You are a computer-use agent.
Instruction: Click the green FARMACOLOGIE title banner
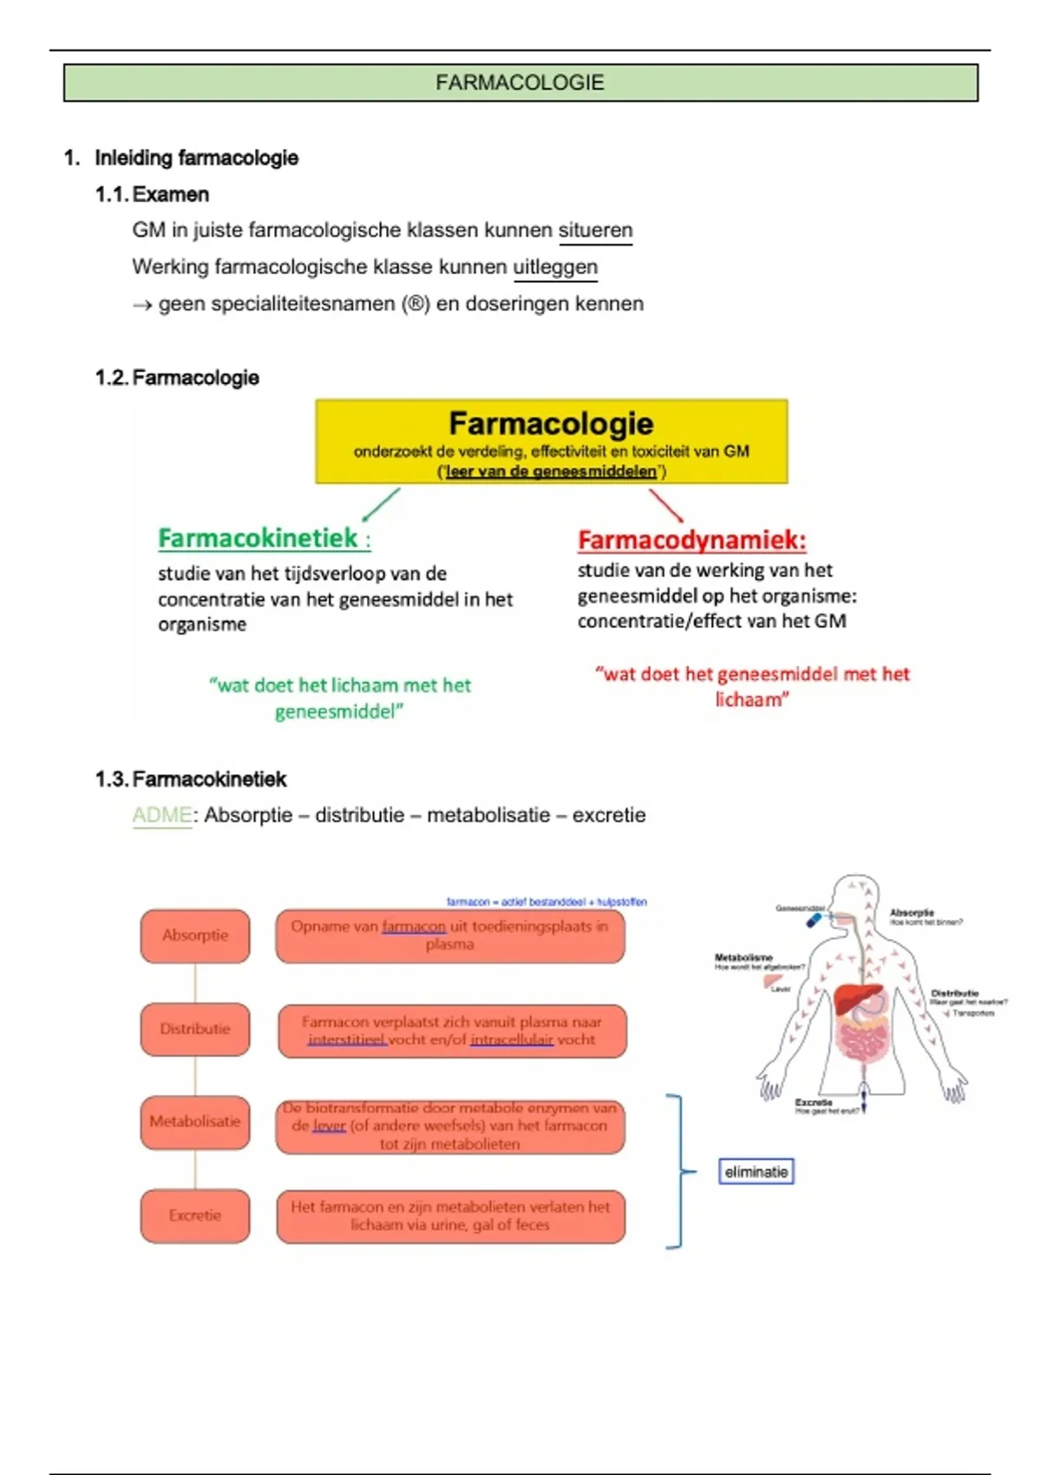coord(520,82)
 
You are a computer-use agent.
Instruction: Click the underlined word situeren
coord(595,231)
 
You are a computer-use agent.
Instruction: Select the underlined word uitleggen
coord(555,267)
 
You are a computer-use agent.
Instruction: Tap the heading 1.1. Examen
coord(153,194)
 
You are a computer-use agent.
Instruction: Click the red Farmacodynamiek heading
coord(691,541)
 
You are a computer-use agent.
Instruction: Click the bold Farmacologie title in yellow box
coord(551,424)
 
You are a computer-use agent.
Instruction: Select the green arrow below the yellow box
coord(381,504)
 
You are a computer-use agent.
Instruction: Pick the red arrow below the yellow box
coord(665,505)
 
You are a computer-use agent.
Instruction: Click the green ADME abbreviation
coord(161,816)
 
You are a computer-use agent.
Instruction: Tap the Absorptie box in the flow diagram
coord(195,935)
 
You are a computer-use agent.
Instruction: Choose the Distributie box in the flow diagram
coord(195,1029)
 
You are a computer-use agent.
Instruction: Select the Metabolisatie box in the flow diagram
coord(195,1122)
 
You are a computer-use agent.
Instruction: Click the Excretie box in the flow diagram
coord(195,1216)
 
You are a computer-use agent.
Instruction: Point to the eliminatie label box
coord(756,1172)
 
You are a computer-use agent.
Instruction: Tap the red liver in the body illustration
coord(858,998)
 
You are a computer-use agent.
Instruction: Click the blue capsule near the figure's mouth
coord(815,920)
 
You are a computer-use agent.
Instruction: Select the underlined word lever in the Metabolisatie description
coord(329,1126)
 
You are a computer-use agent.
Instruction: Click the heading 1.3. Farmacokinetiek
coord(191,779)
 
